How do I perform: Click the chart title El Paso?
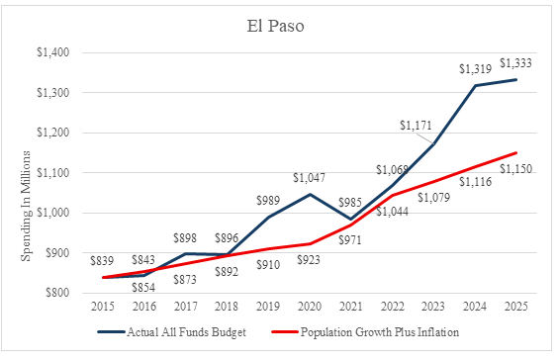[275, 27]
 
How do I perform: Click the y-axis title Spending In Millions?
[26, 206]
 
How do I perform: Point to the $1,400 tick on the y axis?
[53, 52]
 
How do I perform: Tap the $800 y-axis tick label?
[57, 293]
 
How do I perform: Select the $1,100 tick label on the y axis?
[53, 172]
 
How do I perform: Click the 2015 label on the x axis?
[103, 307]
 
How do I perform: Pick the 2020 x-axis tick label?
[310, 307]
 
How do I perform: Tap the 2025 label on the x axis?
[516, 307]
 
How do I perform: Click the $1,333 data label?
[515, 63]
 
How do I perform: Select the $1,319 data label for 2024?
[475, 68]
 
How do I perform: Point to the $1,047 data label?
[309, 177]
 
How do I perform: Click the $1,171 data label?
[416, 126]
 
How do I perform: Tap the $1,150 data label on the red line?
[515, 168]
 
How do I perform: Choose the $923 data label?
[309, 259]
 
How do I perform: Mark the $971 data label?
[350, 240]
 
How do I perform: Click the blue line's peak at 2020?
[310, 194]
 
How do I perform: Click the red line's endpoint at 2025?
[516, 153]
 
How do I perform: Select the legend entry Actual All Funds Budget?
[171, 332]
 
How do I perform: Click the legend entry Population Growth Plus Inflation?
[365, 332]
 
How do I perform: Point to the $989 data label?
[268, 201]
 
